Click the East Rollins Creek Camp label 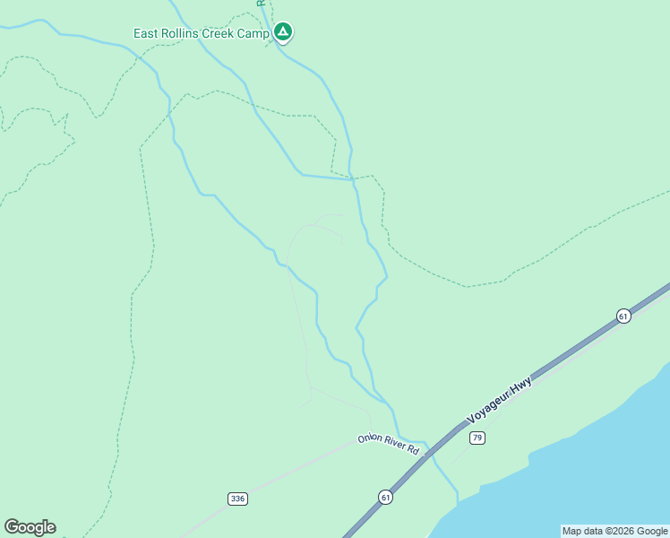pos(202,33)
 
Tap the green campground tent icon pos(283,33)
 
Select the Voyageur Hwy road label pos(500,400)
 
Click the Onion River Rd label pos(389,443)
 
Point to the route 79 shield pos(477,438)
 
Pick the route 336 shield pos(236,499)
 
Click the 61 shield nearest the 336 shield pos(385,497)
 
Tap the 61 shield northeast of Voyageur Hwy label pos(623,316)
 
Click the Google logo pos(30,527)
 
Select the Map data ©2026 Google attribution pos(615,531)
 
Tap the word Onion pos(369,438)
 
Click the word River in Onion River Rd pos(393,444)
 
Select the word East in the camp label pos(146,33)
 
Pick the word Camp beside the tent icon pos(253,33)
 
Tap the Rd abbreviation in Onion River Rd pos(413,448)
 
